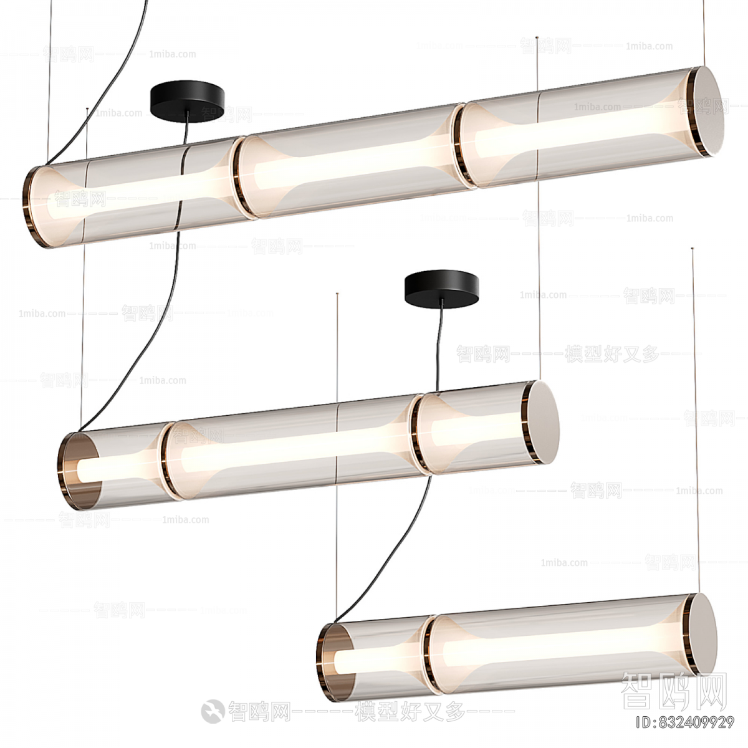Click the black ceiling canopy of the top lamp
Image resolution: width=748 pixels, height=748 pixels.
187,100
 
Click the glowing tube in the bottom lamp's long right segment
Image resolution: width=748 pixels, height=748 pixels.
561,645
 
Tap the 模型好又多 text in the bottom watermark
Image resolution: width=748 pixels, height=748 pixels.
409,711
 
